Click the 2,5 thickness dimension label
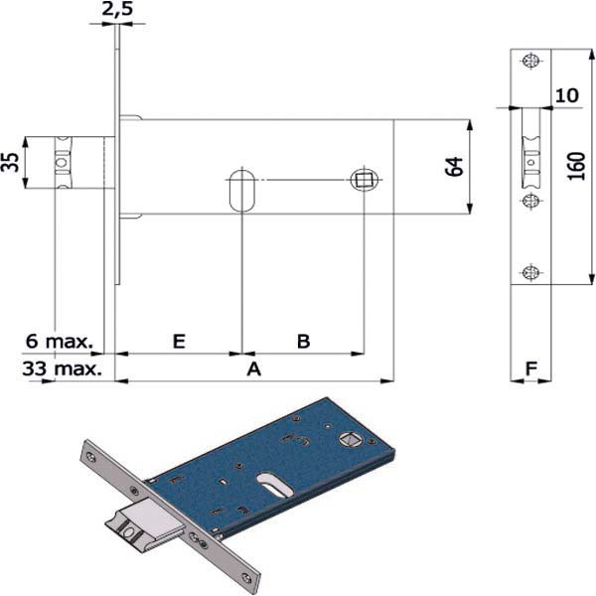tap(117, 9)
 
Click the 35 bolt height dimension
tap(10, 162)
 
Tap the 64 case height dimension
tap(455, 167)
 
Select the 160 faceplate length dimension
tap(576, 166)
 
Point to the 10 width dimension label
tap(567, 95)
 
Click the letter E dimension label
tap(179, 341)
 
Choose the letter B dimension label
tap(303, 341)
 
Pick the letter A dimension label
tap(254, 369)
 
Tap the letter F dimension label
tap(531, 368)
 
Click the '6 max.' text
tap(60, 341)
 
